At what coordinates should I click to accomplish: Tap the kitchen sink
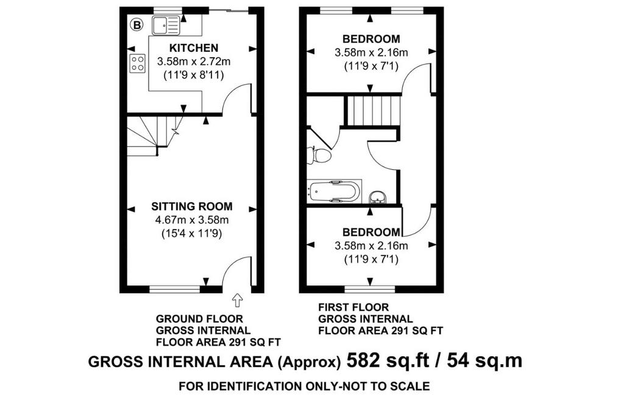click(x=166, y=26)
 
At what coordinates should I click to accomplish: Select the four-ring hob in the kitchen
click(x=137, y=63)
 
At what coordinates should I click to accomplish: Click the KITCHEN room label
click(x=194, y=48)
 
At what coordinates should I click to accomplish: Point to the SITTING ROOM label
click(x=192, y=206)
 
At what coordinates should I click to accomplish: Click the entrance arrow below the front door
click(x=237, y=300)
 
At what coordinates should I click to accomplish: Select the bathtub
click(x=334, y=192)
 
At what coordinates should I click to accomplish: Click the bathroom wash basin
click(x=377, y=197)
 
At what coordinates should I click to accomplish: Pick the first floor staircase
click(x=372, y=111)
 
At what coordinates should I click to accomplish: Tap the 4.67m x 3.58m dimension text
click(x=192, y=220)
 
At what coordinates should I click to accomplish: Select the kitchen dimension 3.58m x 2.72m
click(x=194, y=61)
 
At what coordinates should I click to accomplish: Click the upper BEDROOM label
click(x=371, y=39)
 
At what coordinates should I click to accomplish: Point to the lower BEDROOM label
click(x=371, y=232)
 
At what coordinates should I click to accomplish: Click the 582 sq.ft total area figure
click(x=388, y=361)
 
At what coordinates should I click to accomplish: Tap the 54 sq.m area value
click(x=484, y=361)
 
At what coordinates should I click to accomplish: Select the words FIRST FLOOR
click(x=353, y=307)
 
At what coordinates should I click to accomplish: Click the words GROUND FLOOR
click(x=199, y=319)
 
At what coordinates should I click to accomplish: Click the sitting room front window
click(x=175, y=289)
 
